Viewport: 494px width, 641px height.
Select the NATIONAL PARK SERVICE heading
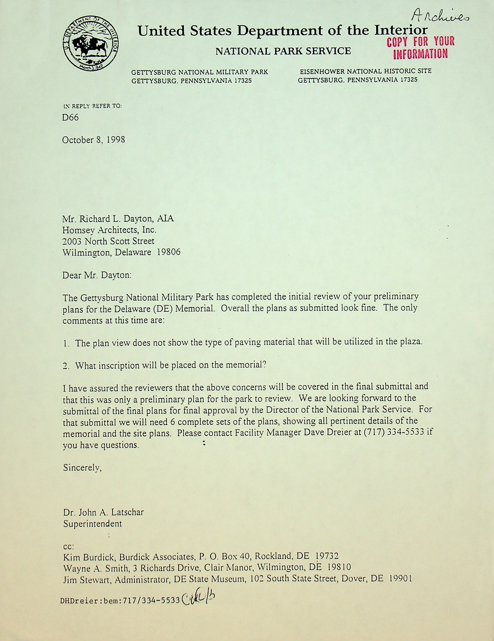click(x=283, y=51)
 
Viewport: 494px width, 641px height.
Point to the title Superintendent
click(x=93, y=524)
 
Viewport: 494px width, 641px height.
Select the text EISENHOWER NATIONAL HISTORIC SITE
click(x=365, y=71)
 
